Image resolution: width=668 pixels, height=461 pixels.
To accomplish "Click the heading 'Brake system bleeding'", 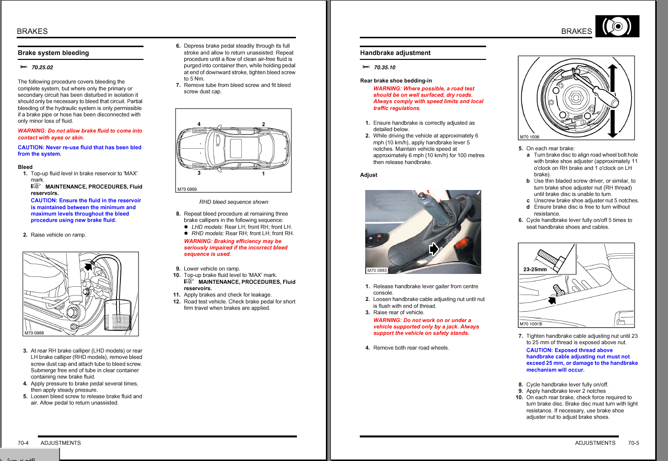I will (x=53, y=53).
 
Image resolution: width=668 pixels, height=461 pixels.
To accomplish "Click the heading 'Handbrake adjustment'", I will (x=395, y=53).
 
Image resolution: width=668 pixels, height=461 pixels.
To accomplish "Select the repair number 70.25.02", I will (x=42, y=68).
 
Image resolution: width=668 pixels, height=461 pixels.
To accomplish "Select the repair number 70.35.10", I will (x=384, y=68).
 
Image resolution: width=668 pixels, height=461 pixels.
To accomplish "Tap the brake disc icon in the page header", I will (x=617, y=26).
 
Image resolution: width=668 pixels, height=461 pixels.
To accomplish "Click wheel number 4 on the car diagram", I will (x=199, y=124).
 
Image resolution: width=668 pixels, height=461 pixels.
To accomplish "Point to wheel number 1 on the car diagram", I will (x=263, y=174).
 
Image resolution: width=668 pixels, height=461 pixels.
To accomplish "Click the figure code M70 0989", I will (x=187, y=189).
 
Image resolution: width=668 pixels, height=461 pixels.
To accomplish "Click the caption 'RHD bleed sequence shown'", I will (x=233, y=202).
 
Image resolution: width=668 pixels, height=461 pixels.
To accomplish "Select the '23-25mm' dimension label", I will (x=535, y=269).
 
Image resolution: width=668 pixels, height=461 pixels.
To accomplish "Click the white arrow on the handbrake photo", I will (x=434, y=249).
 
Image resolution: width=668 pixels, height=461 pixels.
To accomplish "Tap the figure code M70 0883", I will (x=377, y=271).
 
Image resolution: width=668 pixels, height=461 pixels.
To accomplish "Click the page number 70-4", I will (x=23, y=443).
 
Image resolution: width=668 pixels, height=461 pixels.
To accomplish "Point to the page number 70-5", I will (x=634, y=443).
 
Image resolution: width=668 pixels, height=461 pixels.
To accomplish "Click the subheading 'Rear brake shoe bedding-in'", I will (x=396, y=81).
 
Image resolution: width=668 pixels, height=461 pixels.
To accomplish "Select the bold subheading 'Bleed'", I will (x=25, y=167).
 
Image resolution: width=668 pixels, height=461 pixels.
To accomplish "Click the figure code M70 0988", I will (x=34, y=333).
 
